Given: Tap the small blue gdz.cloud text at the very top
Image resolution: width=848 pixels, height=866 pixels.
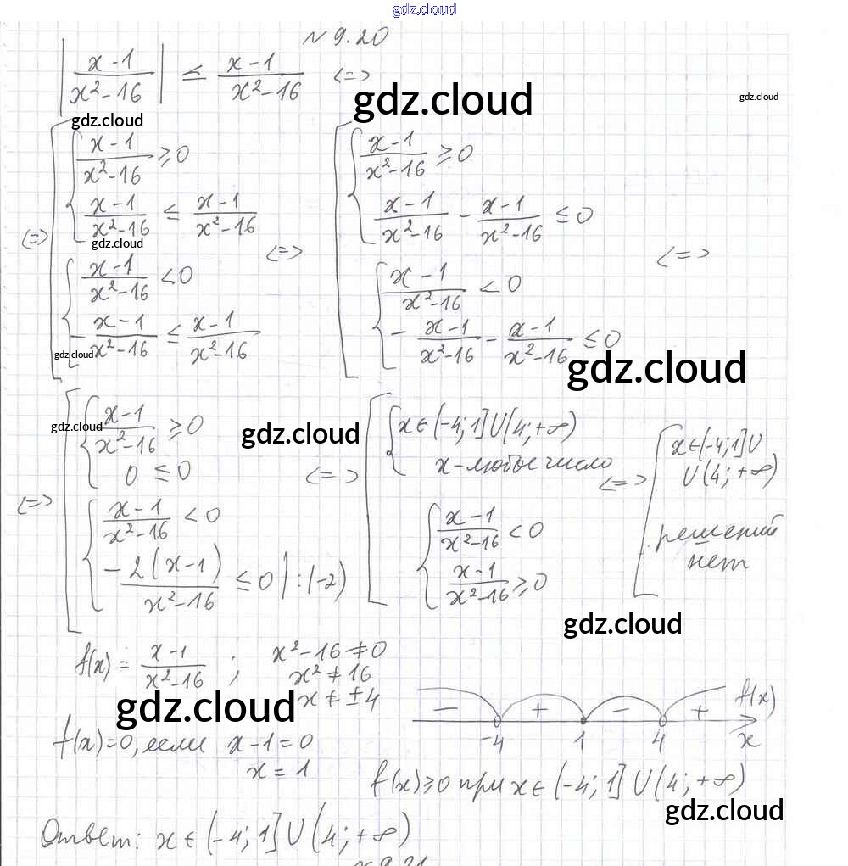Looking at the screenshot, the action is click(x=424, y=9).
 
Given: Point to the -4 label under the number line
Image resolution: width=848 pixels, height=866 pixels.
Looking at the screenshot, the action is click(x=492, y=741).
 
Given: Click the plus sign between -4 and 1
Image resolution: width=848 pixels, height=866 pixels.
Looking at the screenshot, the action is click(x=538, y=709).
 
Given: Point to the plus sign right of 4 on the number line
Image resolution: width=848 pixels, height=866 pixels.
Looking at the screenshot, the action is click(x=700, y=711).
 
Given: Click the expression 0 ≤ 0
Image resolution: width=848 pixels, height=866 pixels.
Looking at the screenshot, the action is click(x=158, y=472).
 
